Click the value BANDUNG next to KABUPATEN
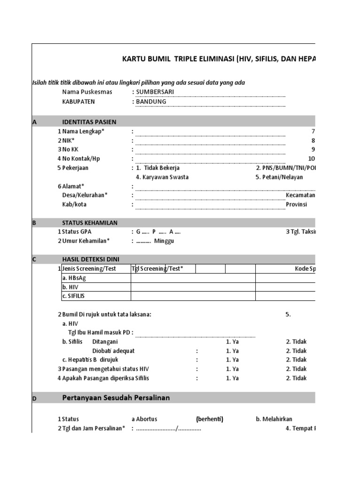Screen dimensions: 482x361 (x=151, y=101)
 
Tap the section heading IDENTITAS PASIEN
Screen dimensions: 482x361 (x=89, y=122)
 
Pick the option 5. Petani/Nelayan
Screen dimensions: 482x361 (x=279, y=177)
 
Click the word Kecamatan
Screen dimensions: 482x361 (x=300, y=195)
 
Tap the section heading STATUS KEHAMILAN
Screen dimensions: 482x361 (x=89, y=223)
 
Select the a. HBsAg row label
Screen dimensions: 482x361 (x=74, y=278)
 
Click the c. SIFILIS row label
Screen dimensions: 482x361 (x=73, y=296)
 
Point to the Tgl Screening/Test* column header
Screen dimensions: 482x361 (x=157, y=269)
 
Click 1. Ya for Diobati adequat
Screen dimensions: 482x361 (x=232, y=351)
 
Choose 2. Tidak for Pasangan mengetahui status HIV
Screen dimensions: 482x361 (x=296, y=369)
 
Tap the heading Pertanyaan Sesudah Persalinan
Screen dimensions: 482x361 (x=116, y=398)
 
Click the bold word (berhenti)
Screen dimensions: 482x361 (x=209, y=419)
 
